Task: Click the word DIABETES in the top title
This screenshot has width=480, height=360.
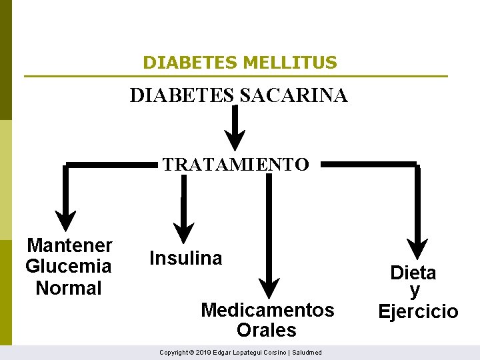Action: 191,63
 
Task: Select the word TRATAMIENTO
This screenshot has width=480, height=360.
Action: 235,164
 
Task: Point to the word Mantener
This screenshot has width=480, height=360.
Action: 69,245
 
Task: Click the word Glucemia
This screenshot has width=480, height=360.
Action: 68,267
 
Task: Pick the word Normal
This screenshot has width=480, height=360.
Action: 68,288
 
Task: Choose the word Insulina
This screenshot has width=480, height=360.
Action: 186,258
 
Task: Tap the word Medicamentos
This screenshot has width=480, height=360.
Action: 267,310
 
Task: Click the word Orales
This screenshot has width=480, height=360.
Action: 266,330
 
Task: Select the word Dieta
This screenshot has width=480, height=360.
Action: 413,273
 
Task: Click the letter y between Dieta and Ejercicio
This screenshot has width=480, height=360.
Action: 415,291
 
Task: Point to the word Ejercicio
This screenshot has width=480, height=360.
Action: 418,311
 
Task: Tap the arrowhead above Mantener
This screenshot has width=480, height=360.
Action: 65,221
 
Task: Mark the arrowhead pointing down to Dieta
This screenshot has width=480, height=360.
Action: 417,250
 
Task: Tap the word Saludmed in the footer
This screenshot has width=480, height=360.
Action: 307,352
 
